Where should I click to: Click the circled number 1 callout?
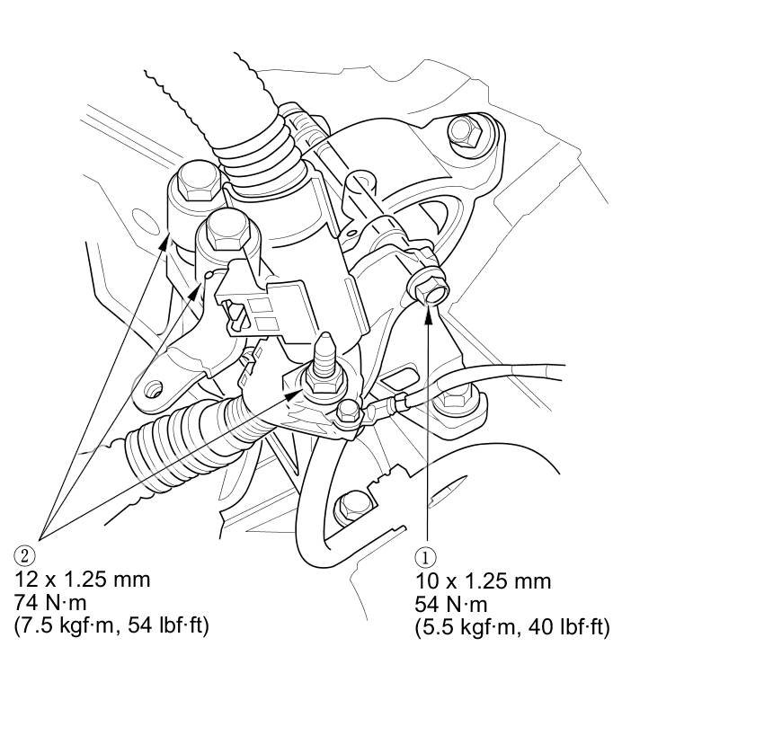coord(425,557)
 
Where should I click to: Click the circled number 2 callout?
coord(25,555)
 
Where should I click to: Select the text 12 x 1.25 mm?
coord(83,579)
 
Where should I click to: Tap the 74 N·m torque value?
coord(50,602)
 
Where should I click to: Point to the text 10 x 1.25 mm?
coord(484,581)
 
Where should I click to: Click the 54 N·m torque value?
coord(451,605)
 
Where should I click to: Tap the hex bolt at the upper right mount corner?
coord(466,130)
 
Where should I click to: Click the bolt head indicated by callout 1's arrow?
coord(428,290)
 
